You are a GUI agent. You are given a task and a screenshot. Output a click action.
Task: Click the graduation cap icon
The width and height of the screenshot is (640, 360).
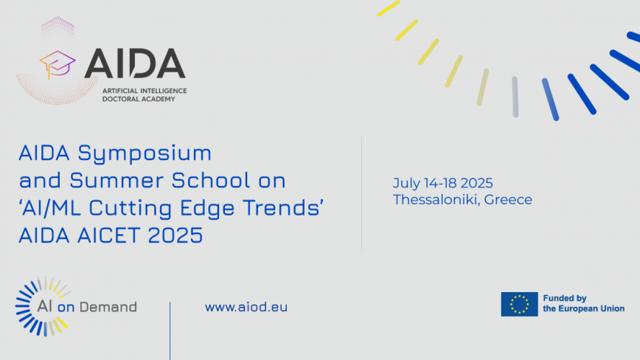pyautogui.click(x=58, y=64)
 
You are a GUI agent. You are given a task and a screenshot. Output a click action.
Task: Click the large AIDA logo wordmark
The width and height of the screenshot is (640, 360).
pyautogui.click(x=135, y=63)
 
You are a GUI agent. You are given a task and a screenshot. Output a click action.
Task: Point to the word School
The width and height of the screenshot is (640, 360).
pyautogui.click(x=211, y=180)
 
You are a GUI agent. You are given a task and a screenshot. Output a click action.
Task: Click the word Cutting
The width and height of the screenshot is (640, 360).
pyautogui.click(x=131, y=209)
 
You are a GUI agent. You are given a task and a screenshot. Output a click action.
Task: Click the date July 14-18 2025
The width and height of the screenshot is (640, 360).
pyautogui.click(x=443, y=183)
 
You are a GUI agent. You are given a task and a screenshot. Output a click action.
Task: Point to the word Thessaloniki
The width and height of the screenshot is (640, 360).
pyautogui.click(x=435, y=200)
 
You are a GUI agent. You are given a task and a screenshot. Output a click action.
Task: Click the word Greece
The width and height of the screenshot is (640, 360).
pyautogui.click(x=508, y=200)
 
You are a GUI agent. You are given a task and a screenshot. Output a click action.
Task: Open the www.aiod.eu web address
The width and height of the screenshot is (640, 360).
pyautogui.click(x=246, y=307)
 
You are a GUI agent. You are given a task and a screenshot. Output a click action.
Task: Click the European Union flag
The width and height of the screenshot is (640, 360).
pyautogui.click(x=519, y=304)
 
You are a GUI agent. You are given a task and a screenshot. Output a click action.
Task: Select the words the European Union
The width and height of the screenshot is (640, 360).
pyautogui.click(x=584, y=308)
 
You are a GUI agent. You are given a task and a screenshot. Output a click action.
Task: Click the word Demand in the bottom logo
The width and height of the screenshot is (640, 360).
pyautogui.click(x=108, y=307)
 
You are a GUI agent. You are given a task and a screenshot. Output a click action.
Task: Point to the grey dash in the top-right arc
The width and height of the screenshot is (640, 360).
pyautogui.click(x=515, y=97)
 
